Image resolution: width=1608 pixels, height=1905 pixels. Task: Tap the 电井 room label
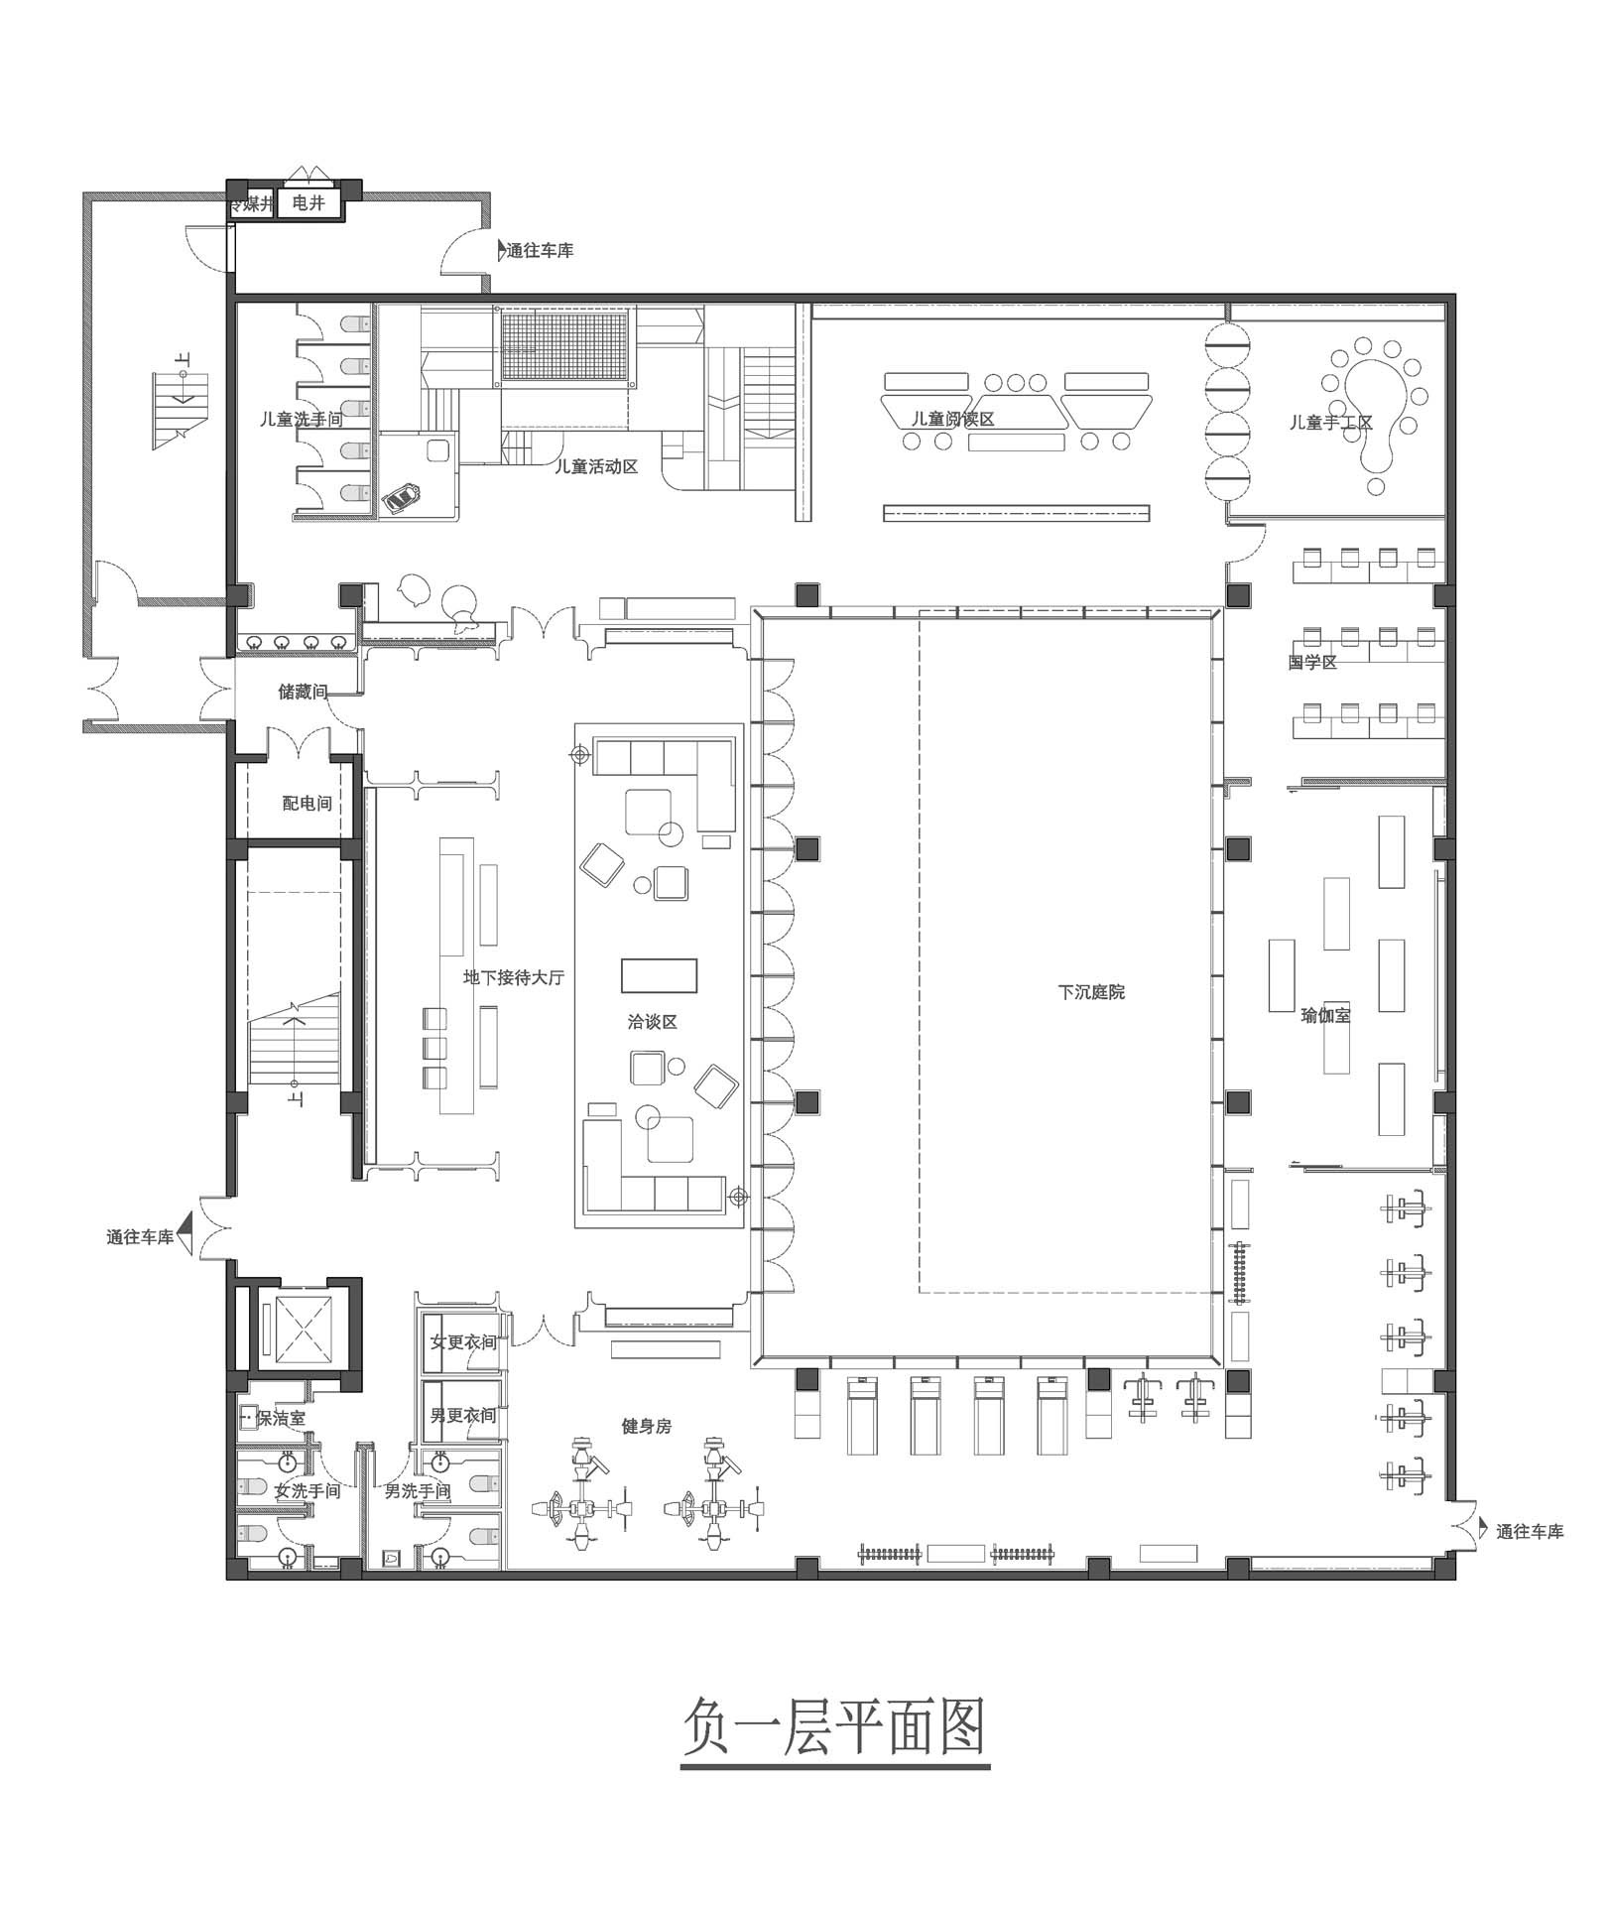pos(309,203)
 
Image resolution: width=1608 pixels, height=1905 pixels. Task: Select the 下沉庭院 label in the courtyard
pos(1091,992)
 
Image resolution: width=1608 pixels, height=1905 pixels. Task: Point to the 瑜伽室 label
pos(1325,1016)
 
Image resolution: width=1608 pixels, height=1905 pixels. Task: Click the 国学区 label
pos(1312,662)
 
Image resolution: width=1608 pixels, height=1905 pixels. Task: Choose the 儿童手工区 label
pos(1331,423)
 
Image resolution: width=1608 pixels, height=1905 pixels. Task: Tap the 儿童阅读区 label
pos(952,419)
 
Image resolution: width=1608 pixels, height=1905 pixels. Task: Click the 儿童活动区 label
pos(595,466)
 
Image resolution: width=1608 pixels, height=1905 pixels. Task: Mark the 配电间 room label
pos(307,804)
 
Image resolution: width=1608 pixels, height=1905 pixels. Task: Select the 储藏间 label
pos(303,692)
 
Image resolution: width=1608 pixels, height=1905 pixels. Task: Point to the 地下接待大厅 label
pos(514,977)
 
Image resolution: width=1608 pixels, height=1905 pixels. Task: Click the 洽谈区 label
pos(652,1022)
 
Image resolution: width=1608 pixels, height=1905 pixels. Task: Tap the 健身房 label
pos(647,1426)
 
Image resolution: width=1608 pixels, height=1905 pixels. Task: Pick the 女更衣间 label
pos(462,1342)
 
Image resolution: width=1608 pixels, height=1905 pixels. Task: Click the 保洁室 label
pos(281,1419)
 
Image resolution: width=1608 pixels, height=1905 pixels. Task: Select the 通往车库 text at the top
pos(540,251)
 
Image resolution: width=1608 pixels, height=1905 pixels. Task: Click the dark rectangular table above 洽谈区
pos(659,975)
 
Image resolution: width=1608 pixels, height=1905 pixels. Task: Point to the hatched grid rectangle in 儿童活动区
pos(566,344)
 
